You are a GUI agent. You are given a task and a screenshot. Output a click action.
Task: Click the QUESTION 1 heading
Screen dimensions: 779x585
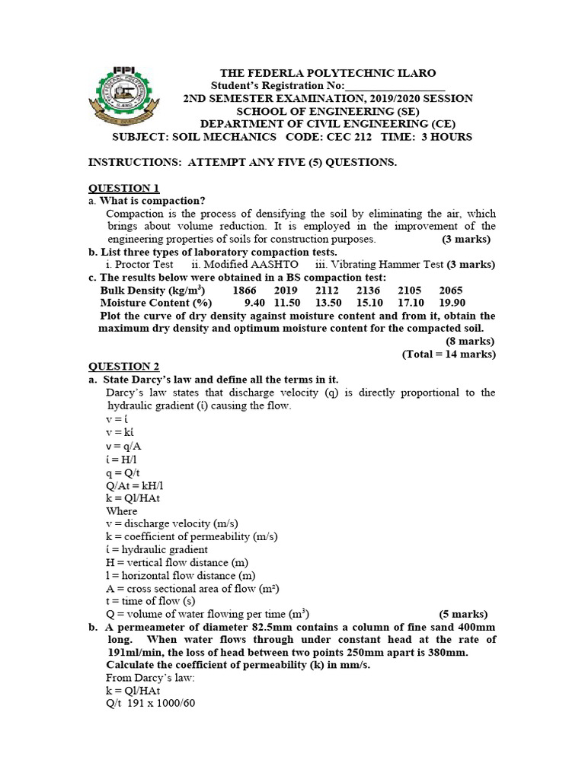[x=124, y=188]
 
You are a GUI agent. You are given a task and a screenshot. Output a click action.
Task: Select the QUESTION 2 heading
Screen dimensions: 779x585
[x=124, y=367]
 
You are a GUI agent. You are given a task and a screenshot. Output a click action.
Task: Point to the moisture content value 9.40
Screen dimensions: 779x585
[x=257, y=303]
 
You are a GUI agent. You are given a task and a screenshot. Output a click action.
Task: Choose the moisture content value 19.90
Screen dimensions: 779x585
[x=452, y=303]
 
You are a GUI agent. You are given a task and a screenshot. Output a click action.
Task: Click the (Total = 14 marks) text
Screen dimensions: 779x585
[x=449, y=354]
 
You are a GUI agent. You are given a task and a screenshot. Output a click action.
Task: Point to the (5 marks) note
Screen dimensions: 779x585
[x=463, y=614]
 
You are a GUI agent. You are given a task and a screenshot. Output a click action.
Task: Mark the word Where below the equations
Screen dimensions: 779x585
[x=122, y=510]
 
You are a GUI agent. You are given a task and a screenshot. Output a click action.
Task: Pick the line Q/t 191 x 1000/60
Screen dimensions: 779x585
[x=151, y=703]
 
